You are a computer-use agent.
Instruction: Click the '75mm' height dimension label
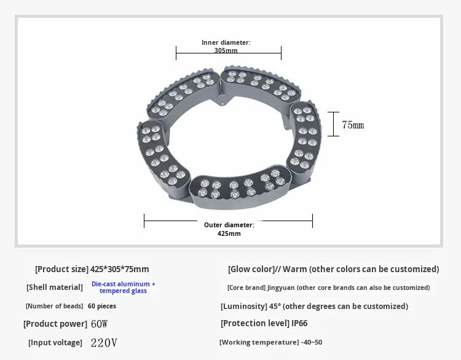pyautogui.click(x=353, y=125)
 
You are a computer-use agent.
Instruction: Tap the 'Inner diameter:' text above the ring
pyautogui.click(x=226, y=42)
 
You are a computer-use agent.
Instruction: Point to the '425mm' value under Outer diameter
pyautogui.click(x=229, y=233)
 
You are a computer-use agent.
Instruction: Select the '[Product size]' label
pyautogui.click(x=61, y=269)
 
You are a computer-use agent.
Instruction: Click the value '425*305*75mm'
pyautogui.click(x=120, y=269)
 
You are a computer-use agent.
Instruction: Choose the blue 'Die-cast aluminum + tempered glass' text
pyautogui.click(x=124, y=288)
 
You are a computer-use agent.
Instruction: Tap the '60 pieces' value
pyautogui.click(x=102, y=306)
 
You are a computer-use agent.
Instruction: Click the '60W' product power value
pyautogui.click(x=100, y=324)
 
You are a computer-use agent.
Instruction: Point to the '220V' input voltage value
pyautogui.click(x=104, y=343)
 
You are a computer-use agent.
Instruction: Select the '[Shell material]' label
pyautogui.click(x=55, y=288)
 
